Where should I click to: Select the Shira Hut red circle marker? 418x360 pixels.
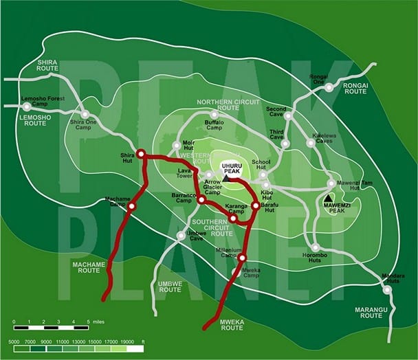pyautogui.click(x=140, y=154)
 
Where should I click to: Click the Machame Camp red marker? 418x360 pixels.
pyautogui.click(x=131, y=205)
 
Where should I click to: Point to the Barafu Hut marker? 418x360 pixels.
pyautogui.click(x=255, y=205)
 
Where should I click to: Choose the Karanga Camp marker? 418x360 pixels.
pyautogui.click(x=233, y=218)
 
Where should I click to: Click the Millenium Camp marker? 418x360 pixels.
pyautogui.click(x=242, y=258)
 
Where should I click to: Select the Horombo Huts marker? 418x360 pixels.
pyautogui.click(x=315, y=247)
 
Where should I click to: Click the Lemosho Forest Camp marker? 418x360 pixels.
pyautogui.click(x=27, y=106)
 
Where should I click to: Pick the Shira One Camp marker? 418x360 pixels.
pyautogui.click(x=85, y=114)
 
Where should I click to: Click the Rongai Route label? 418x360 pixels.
pyautogui.click(x=355, y=88)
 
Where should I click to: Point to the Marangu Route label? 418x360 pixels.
pyautogui.click(x=371, y=313)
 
